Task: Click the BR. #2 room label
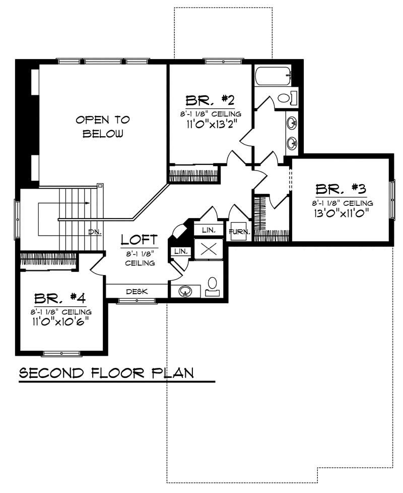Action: click(x=210, y=99)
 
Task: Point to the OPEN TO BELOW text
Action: click(x=103, y=127)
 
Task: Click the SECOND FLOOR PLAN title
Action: click(x=106, y=373)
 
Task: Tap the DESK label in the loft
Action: click(x=136, y=291)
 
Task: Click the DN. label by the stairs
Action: click(x=94, y=232)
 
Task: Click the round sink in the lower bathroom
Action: click(x=184, y=291)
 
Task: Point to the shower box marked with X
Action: click(x=208, y=249)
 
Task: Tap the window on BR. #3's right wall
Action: click(x=391, y=199)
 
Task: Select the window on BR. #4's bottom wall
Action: click(x=61, y=353)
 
